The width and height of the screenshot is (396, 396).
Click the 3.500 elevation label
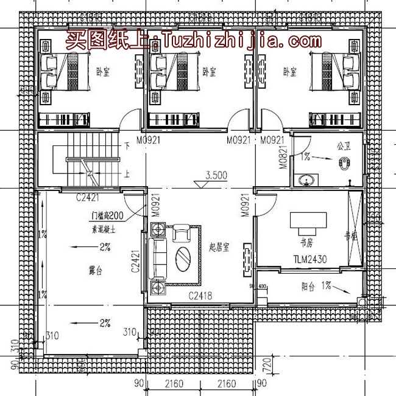click(x=217, y=175)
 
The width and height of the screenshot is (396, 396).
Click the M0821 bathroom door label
click(x=283, y=156)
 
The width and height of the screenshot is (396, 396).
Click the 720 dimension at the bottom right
click(x=266, y=366)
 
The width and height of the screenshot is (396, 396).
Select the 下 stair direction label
click(x=127, y=146)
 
